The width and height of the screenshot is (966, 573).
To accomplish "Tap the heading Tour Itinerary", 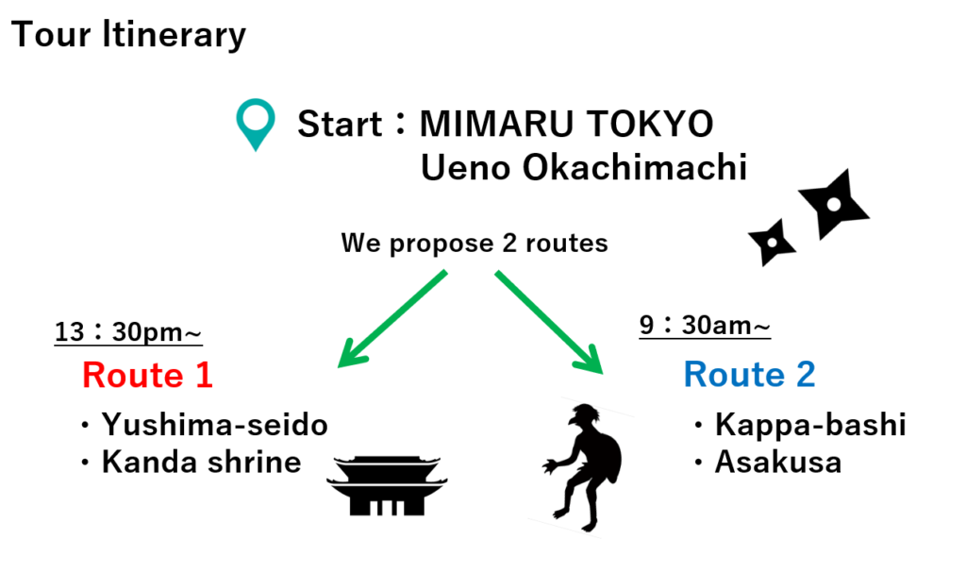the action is point(128,35).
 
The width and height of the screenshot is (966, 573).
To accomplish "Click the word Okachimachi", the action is point(635,167).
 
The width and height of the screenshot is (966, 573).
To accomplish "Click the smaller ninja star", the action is point(772,243).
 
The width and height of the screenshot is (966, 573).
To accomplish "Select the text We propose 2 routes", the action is point(475,243).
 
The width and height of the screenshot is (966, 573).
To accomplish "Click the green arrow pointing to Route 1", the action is point(392,319).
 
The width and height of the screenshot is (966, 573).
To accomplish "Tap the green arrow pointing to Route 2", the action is point(549,322).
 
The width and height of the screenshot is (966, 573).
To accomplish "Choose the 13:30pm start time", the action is point(128,332).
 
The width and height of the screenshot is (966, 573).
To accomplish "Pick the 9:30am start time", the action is point(705,325).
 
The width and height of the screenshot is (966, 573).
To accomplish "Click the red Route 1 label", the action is point(147,375).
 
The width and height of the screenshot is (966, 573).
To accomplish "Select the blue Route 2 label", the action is point(749,374).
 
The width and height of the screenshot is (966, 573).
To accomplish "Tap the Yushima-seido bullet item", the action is point(205,425).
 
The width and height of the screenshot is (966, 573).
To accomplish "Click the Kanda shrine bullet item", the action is point(191,462).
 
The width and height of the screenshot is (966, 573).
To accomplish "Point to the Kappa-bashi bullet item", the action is point(800,425).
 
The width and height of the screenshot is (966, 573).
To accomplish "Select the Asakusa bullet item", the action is point(768,462).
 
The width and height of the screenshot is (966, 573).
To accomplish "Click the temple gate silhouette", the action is point(387,486).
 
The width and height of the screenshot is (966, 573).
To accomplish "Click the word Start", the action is point(340,124).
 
